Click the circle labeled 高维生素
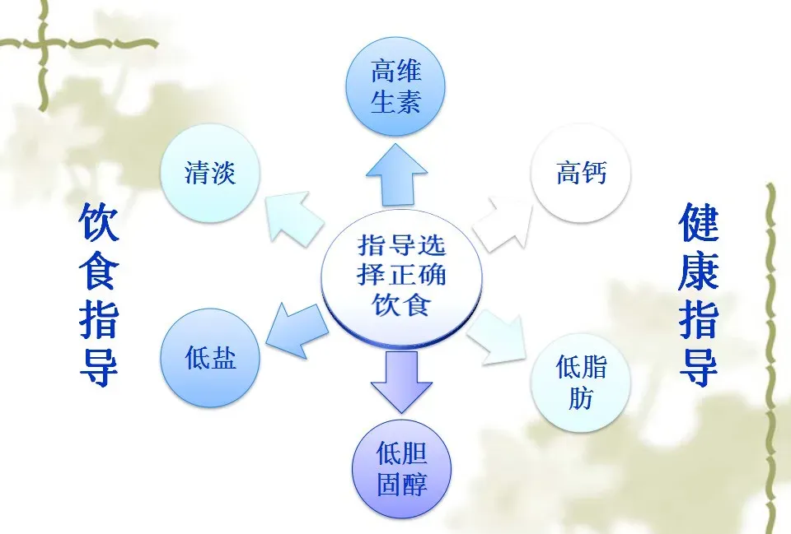[x=395, y=87]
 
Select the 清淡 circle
[x=210, y=174]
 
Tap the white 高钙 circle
[x=581, y=174]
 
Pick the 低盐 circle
[x=210, y=358]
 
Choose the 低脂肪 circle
[x=581, y=382]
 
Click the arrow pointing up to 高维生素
[x=396, y=174]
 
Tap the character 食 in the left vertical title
[x=100, y=272]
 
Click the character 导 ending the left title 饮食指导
[x=100, y=367]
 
